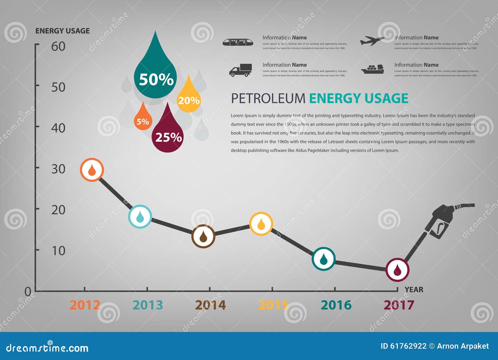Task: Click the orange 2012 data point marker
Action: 92,170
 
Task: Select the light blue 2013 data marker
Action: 140,217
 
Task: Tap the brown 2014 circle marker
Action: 203,236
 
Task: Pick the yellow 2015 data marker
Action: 261,224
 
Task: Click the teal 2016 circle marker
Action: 323,259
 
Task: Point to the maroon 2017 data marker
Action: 397,270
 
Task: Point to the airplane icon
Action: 372,41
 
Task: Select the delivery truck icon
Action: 241,70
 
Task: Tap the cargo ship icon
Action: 373,69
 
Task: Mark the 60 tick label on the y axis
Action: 58,46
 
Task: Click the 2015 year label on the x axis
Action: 273,305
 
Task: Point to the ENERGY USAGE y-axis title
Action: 63,31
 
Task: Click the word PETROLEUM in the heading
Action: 268,99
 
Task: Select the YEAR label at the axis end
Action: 414,290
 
